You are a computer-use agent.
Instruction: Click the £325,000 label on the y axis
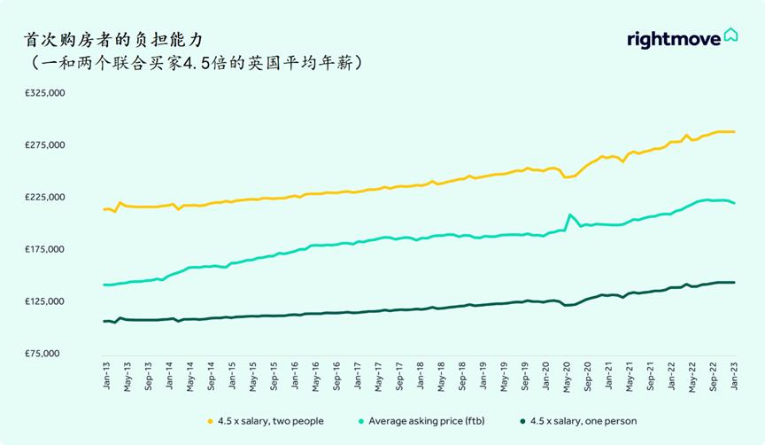click(x=44, y=93)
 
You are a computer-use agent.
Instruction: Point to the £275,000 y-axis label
click(x=44, y=145)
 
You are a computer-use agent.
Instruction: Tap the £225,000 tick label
click(x=44, y=197)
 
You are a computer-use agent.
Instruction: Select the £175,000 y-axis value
click(x=44, y=249)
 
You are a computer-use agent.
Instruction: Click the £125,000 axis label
click(x=44, y=301)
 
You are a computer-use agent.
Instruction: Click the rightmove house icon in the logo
click(x=730, y=35)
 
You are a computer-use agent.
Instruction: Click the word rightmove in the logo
click(x=673, y=39)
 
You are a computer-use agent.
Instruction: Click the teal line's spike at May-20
click(x=569, y=215)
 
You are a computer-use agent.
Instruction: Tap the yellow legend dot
click(x=210, y=421)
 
